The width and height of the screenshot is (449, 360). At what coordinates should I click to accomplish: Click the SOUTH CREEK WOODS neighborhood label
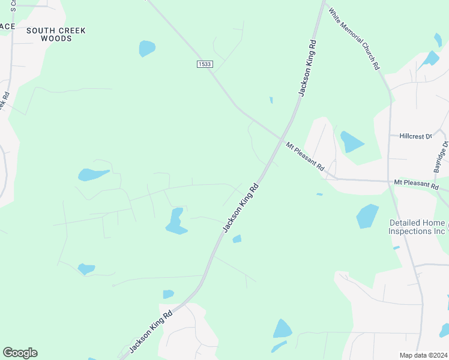tap(56, 34)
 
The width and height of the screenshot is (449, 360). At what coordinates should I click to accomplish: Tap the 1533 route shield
tap(205, 64)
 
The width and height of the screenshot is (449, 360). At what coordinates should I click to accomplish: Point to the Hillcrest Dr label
tap(415, 136)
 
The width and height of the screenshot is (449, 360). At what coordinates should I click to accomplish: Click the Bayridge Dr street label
tap(442, 157)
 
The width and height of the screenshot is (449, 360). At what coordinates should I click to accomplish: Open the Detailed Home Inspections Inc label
tap(417, 227)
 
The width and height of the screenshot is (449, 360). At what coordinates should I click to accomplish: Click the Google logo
tap(20, 353)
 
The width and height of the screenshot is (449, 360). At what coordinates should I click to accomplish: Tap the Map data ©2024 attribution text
tap(423, 355)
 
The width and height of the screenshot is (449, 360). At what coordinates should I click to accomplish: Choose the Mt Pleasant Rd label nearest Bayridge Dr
tap(416, 183)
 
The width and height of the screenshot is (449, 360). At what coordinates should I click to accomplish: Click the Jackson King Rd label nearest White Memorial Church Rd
tap(307, 68)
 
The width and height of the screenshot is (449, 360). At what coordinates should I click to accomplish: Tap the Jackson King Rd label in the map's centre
tap(241, 208)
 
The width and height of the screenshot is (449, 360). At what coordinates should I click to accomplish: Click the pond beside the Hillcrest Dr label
tap(351, 142)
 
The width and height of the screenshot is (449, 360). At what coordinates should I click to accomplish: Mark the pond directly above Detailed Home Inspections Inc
tap(367, 216)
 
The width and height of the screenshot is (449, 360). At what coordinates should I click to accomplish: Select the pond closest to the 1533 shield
tap(146, 48)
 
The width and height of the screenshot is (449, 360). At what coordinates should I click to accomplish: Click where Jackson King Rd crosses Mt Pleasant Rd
tap(282, 139)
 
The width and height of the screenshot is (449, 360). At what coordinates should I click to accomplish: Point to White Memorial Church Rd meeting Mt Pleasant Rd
tap(390, 180)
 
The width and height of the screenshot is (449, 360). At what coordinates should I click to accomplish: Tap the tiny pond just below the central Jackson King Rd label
tap(237, 239)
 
